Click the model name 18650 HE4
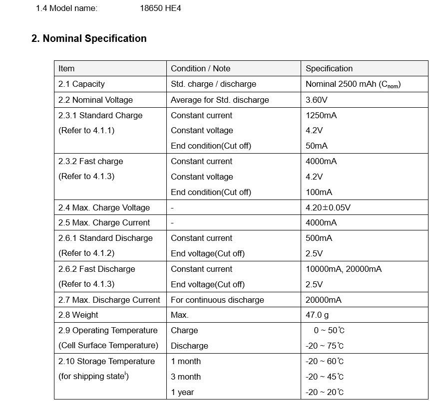pyautogui.click(x=160, y=8)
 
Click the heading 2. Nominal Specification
pyautogui.click(x=89, y=39)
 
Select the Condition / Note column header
pyautogui.click(x=200, y=69)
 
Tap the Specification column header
pyautogui.click(x=329, y=69)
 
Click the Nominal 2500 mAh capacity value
pyautogui.click(x=353, y=84)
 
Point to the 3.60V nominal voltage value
pyautogui.click(x=316, y=100)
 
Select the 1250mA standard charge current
pyautogui.click(x=321, y=115)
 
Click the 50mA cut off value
pyautogui.click(x=317, y=146)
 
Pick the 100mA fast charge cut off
pyautogui.click(x=319, y=192)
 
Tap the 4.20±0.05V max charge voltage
pyautogui.click(x=328, y=207)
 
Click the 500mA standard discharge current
pyautogui.click(x=319, y=238)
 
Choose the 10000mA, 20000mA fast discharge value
pyautogui.click(x=343, y=269)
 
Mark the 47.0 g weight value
pyautogui.click(x=317, y=315)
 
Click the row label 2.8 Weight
pyautogui.click(x=78, y=315)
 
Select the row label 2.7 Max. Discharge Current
pyautogui.click(x=109, y=300)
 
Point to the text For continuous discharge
pyautogui.click(x=217, y=300)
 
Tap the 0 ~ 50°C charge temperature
pyautogui.click(x=329, y=330)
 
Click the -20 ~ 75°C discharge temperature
pyautogui.click(x=325, y=346)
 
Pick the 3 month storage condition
pyautogui.click(x=185, y=377)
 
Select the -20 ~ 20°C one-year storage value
pyautogui.click(x=325, y=392)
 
